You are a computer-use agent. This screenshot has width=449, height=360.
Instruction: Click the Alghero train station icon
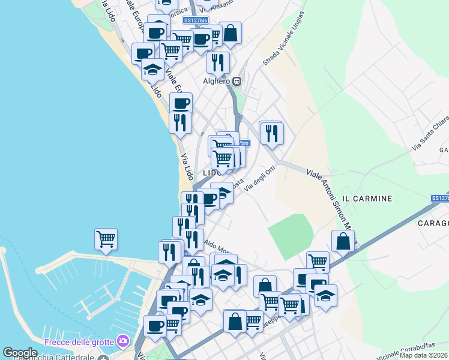[x=238, y=82]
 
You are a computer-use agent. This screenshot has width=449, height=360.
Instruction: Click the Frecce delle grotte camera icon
[x=124, y=341]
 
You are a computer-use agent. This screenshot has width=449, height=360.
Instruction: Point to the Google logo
[x=19, y=353]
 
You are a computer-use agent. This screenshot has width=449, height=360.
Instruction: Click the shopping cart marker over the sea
[x=106, y=239]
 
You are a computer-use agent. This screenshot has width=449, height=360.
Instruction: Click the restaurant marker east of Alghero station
[x=272, y=133]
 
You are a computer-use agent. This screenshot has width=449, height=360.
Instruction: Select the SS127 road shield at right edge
[x=439, y=198]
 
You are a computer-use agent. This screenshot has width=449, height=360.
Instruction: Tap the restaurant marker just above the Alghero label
[x=218, y=62]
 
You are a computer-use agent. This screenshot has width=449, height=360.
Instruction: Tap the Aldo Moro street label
[x=217, y=246]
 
